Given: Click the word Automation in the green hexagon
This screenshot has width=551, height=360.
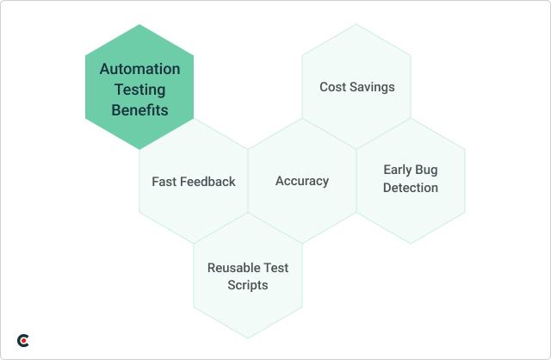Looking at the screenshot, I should [x=139, y=69].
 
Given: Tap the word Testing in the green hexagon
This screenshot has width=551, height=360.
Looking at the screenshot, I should [x=139, y=90].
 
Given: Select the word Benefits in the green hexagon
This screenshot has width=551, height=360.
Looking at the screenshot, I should [x=139, y=110].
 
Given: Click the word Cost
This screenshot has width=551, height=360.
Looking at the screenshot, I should [x=333, y=87].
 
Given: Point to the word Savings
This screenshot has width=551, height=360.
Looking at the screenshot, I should [x=373, y=87].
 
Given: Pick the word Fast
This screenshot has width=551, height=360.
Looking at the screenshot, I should [x=166, y=182].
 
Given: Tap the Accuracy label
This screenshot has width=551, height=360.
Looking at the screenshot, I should [x=302, y=181].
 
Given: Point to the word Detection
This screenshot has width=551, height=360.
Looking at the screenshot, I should [x=411, y=188].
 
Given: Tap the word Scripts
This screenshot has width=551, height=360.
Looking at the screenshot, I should [x=248, y=285].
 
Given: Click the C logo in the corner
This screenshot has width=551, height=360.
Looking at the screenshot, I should [x=23, y=341].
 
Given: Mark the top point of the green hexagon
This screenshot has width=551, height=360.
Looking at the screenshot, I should [x=139, y=24].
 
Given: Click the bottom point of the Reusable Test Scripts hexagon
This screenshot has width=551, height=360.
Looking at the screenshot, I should [x=248, y=338].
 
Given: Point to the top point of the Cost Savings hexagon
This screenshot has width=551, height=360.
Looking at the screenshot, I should [x=356, y=24].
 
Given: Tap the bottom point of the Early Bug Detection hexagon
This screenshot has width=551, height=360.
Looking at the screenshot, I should [x=411, y=244].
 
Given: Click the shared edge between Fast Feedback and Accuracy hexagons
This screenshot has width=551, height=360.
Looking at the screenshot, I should [x=248, y=181].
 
